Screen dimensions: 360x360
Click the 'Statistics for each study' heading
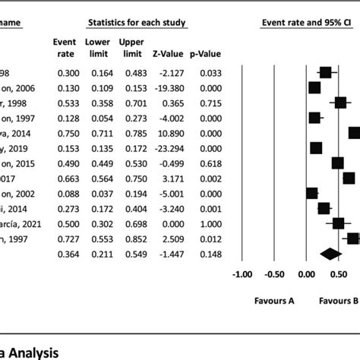(136, 24)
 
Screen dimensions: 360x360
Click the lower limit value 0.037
(99, 194)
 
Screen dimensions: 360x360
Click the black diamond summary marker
(330, 254)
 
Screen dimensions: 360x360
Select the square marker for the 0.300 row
(325, 72)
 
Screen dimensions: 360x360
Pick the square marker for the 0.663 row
(348, 178)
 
